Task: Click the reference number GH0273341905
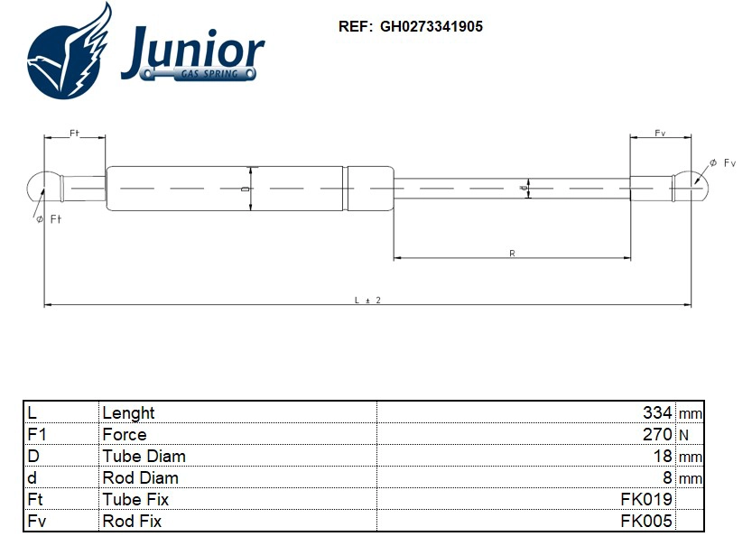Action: click(431, 27)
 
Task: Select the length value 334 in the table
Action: click(656, 412)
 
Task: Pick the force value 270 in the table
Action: click(656, 434)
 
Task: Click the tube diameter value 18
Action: click(663, 456)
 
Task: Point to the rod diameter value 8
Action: click(667, 477)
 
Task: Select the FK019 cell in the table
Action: click(646, 499)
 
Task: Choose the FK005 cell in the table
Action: click(646, 521)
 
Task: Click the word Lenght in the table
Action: click(128, 412)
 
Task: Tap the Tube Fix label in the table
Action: click(135, 499)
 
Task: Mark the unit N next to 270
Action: click(683, 435)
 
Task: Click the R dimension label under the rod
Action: click(512, 254)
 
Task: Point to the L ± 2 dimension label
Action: click(367, 300)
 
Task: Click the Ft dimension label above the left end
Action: click(74, 133)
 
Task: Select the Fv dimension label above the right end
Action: click(660, 133)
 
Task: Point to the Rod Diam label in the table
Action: click(140, 477)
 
